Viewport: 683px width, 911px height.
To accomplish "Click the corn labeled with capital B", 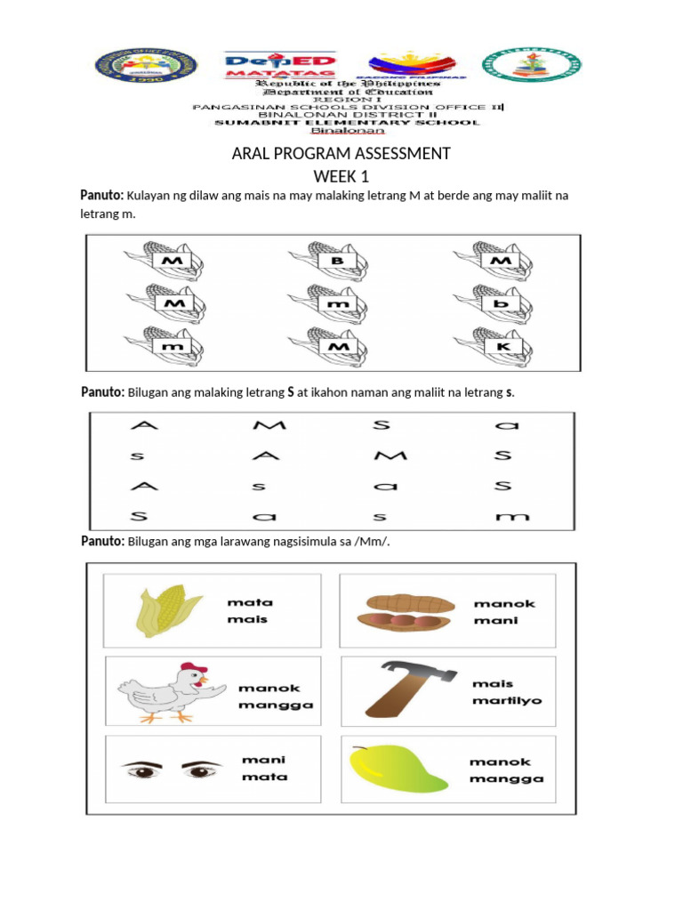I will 333,261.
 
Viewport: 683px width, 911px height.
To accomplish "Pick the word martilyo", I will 508,700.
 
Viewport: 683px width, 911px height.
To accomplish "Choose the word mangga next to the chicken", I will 276,705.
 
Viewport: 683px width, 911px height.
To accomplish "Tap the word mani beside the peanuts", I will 492,620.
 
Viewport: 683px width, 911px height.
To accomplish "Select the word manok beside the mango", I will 500,762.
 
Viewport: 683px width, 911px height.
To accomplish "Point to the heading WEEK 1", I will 341,176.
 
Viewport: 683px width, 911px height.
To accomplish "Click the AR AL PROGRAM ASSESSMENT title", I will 341,154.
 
